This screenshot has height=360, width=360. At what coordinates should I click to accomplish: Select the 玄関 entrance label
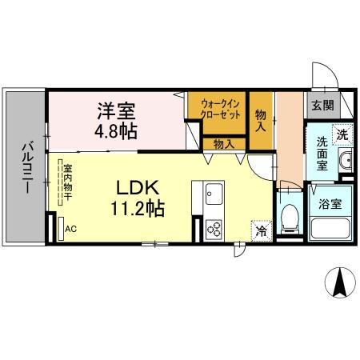point(322,104)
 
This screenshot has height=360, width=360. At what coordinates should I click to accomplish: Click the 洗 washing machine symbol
point(342,134)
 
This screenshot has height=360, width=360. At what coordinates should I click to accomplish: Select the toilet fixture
point(290,217)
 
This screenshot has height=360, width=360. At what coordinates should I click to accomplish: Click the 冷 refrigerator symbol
point(262,229)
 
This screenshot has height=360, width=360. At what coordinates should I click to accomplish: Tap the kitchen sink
point(214,194)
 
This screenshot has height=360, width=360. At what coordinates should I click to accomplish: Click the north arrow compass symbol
point(339,282)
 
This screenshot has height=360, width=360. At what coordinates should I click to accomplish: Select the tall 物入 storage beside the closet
point(261,119)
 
